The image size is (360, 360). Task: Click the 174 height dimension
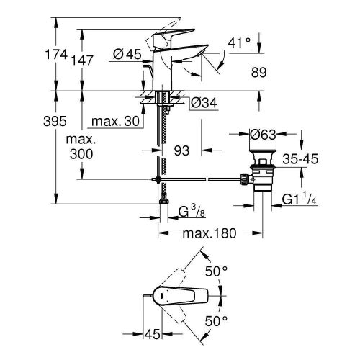[58, 55]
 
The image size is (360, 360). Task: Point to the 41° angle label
[240, 44]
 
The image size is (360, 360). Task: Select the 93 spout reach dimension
[182, 150]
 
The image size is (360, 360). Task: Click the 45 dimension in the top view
[151, 333]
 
